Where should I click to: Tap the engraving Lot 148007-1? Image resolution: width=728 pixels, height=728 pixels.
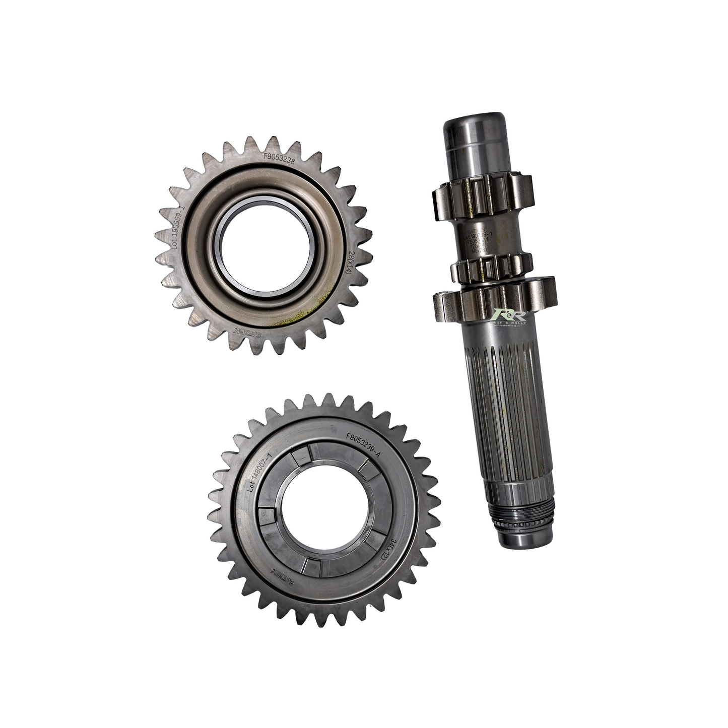click(x=263, y=471)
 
